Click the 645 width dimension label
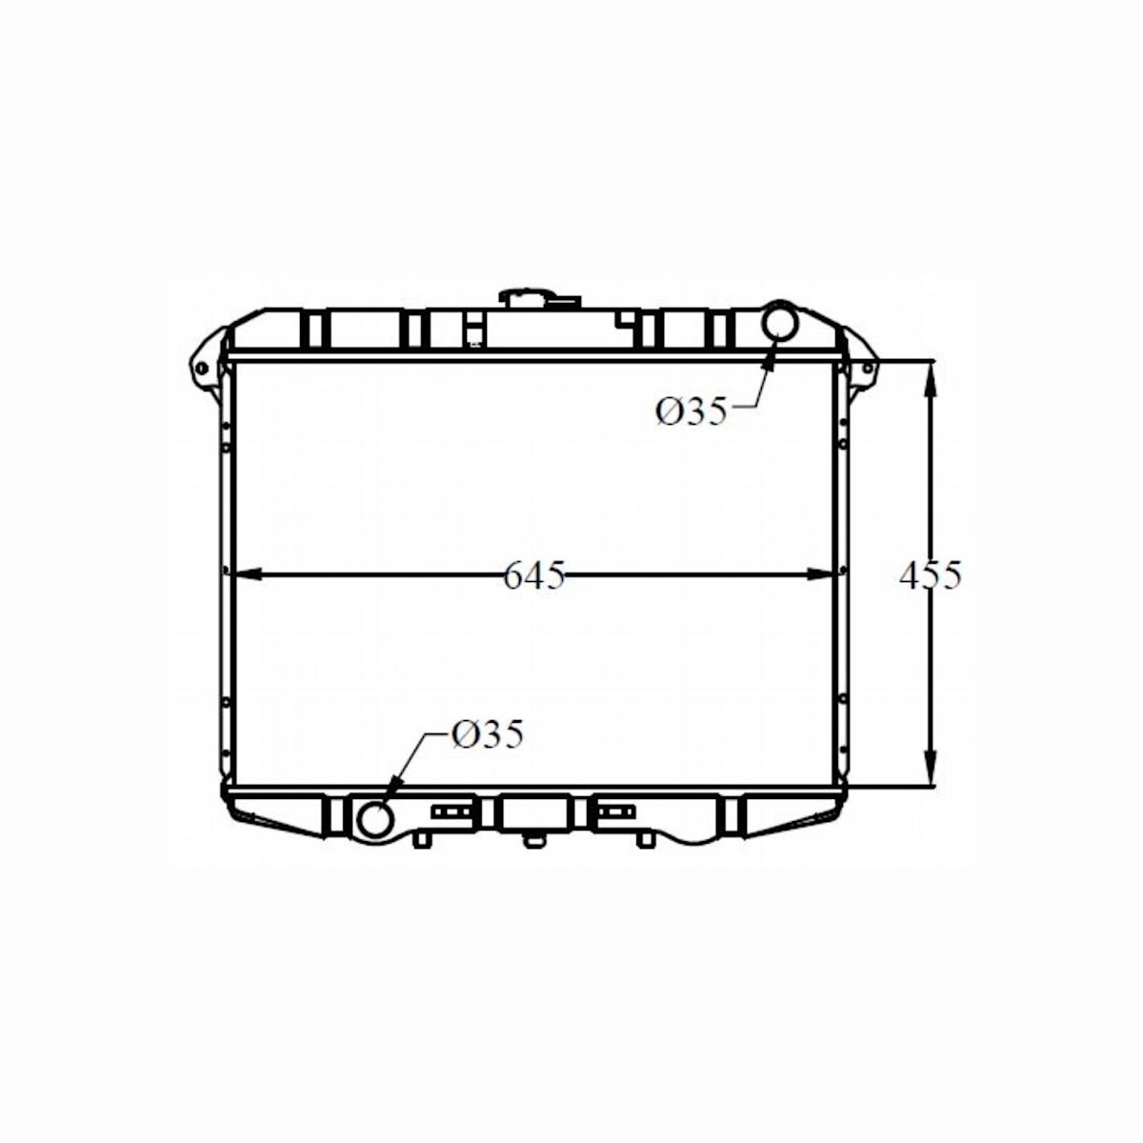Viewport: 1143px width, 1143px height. point(534,575)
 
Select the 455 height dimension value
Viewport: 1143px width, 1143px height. point(931,575)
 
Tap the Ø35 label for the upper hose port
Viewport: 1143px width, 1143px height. point(691,411)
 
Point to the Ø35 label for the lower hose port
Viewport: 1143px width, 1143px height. point(487,734)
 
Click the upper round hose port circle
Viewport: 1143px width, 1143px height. point(783,320)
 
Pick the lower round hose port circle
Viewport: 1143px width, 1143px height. point(373,817)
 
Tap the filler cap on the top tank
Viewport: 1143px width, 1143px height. point(540,298)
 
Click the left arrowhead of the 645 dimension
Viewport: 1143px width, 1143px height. point(243,573)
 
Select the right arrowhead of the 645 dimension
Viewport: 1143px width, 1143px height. point(825,573)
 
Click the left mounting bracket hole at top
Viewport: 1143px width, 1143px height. point(201,369)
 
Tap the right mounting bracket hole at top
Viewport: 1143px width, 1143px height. point(867,369)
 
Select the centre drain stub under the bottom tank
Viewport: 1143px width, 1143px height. point(533,840)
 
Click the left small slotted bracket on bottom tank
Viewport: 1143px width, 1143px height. point(451,812)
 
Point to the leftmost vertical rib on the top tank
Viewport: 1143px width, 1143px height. point(315,329)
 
